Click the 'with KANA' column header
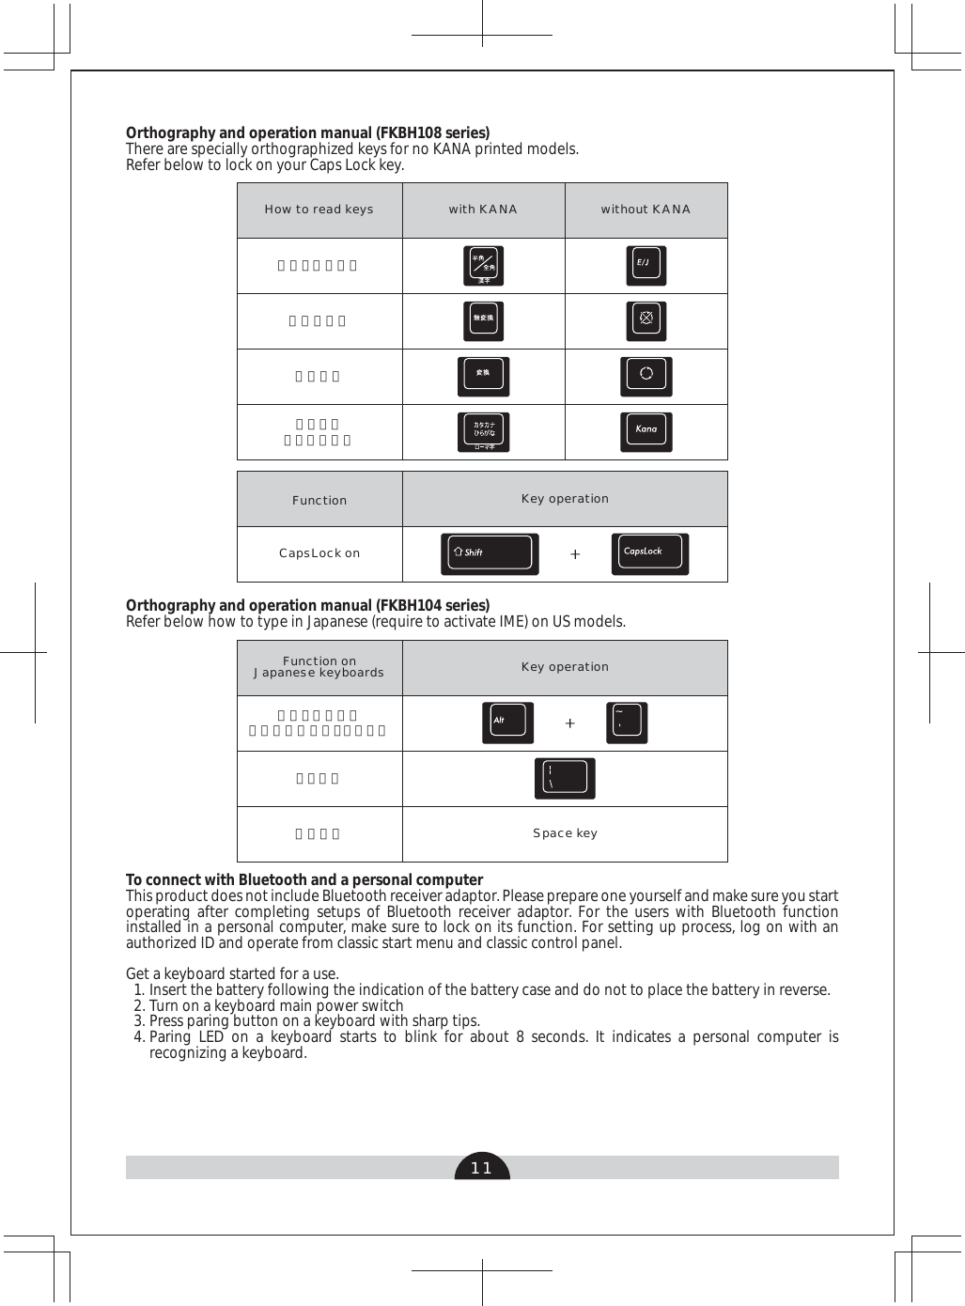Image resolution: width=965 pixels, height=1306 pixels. point(483,210)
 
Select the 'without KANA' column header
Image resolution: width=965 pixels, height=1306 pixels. point(646,210)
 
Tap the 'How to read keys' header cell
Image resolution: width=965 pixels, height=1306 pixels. point(319,210)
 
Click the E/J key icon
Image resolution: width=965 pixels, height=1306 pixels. point(646,266)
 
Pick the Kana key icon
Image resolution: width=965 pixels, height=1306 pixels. point(646,431)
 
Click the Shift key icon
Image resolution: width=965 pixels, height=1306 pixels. point(490,553)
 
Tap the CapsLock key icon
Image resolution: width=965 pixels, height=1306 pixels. point(649,553)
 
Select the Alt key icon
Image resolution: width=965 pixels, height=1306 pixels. point(507,723)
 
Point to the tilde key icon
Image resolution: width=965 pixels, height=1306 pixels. point(627,723)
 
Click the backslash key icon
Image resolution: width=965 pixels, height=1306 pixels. point(565,779)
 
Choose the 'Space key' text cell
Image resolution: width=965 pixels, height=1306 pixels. point(565,833)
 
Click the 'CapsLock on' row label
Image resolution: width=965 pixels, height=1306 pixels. point(319,553)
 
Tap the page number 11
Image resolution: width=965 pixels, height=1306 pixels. point(482,1168)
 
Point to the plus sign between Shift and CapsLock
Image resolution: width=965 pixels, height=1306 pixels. point(575,554)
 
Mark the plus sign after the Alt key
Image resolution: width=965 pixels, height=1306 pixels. point(569,723)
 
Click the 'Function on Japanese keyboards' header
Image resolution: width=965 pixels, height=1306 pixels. point(319,667)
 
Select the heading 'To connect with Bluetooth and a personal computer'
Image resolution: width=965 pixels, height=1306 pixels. point(304,879)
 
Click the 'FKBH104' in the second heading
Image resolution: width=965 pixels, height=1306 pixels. point(407,605)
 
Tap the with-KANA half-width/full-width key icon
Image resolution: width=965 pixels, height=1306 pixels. point(483,266)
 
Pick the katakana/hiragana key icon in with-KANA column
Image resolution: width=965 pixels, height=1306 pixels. point(483,431)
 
